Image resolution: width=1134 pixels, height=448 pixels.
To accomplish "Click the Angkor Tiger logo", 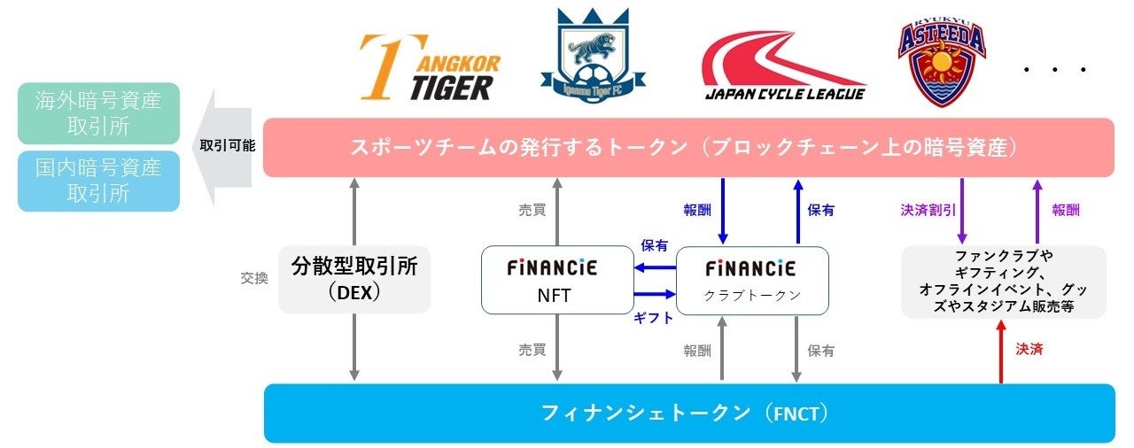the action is (430, 68).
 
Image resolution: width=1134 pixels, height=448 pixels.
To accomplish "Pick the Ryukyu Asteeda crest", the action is (941, 59).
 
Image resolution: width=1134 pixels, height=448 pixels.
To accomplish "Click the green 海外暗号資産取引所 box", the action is (98, 113).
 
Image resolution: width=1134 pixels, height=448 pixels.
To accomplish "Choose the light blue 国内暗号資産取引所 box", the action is (98, 181).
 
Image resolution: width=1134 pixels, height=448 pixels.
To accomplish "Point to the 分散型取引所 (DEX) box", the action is (354, 279).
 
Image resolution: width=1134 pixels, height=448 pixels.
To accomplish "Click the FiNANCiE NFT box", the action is (552, 280).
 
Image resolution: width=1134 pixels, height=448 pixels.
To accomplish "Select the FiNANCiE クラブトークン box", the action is (752, 280).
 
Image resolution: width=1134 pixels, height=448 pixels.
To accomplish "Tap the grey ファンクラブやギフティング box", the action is (1003, 282).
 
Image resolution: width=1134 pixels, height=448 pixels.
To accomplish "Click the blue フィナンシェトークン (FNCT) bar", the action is (689, 413).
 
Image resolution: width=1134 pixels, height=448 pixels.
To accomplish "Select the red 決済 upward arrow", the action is (1001, 351).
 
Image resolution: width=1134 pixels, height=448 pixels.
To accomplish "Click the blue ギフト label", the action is (653, 319).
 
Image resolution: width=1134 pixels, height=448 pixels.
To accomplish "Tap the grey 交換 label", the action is (254, 278).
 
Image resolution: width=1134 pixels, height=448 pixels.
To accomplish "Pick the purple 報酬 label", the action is (1066, 211).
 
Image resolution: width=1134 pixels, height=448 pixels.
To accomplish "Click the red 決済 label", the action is (1029, 350).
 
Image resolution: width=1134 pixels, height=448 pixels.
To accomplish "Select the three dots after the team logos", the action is (1054, 69).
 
